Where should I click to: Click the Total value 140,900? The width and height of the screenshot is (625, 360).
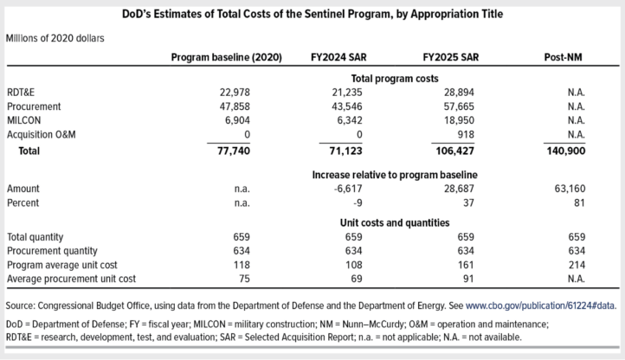(565, 151)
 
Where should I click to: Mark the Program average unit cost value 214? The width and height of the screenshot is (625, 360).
(575, 266)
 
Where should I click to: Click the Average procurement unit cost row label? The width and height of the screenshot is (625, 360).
(71, 280)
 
